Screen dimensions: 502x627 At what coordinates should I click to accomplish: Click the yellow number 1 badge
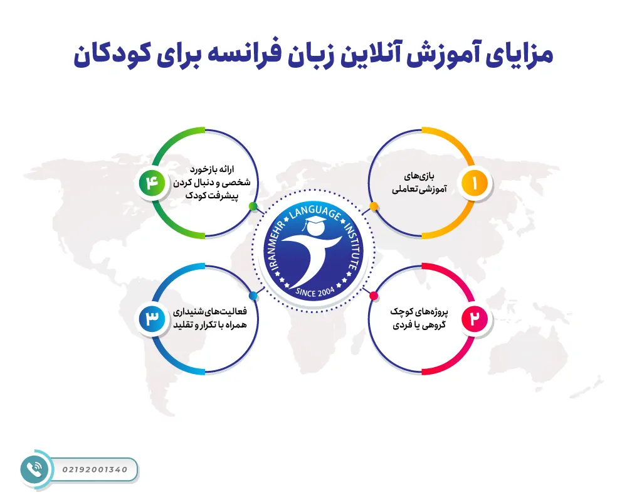pos(475,183)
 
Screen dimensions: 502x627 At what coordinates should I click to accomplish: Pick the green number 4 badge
pos(152,183)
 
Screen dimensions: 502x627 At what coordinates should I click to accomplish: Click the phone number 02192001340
pos(95,469)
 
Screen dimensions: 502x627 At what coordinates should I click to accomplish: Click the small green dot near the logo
pos(253,206)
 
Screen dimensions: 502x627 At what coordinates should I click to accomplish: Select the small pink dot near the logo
pos(374,296)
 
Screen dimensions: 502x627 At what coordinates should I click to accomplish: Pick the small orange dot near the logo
pos(374,206)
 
